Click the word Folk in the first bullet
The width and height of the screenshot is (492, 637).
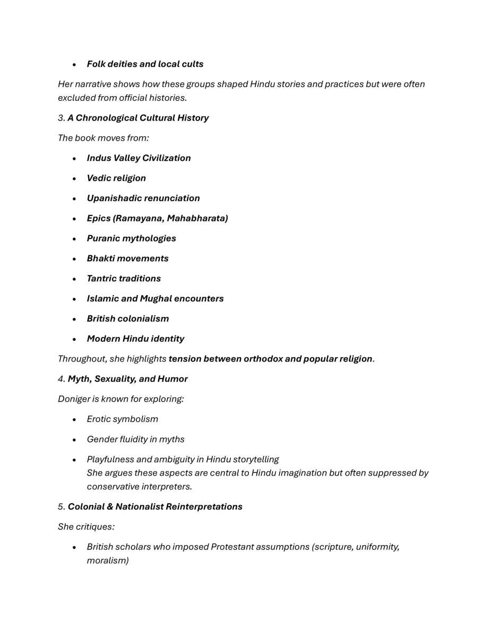[x=96, y=64]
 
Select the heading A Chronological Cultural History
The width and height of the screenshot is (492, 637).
[x=138, y=118]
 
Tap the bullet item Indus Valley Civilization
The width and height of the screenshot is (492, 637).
[x=139, y=158]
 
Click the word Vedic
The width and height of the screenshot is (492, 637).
[x=99, y=178]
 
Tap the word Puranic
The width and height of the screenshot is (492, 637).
[x=103, y=239]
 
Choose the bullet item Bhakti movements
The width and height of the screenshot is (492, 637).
[x=127, y=259]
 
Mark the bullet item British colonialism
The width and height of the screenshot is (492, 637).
[x=127, y=319]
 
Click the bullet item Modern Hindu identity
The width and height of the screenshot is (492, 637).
[x=135, y=339]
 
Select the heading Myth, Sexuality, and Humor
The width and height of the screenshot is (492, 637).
[x=127, y=379]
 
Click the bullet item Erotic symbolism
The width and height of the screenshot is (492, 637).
[x=122, y=419]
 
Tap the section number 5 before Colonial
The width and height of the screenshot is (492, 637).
[x=61, y=507]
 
